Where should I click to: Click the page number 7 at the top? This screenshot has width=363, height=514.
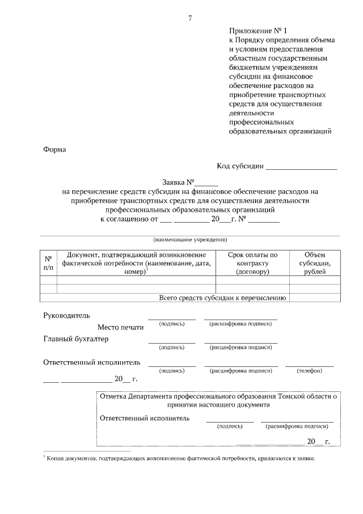[x=190, y=18]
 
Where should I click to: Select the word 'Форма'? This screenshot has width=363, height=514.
[x=54, y=150]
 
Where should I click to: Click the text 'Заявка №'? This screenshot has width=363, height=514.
[x=178, y=183]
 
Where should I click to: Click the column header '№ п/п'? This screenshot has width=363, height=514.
[x=49, y=262]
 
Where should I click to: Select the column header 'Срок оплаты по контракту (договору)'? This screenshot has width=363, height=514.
[x=252, y=264]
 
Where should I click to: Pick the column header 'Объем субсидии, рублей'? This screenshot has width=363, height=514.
[x=314, y=264]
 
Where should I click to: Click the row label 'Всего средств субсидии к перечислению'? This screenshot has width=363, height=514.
[x=222, y=298]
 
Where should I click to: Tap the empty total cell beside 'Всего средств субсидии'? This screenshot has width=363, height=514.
[x=314, y=298]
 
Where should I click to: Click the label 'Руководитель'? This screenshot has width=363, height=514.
[x=66, y=315]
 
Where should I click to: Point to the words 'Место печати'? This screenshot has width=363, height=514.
[x=120, y=327]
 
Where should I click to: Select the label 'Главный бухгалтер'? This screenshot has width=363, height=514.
[x=76, y=339]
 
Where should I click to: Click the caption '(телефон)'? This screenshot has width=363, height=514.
[x=309, y=370]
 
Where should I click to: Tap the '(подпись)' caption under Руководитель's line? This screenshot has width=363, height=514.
[x=172, y=323]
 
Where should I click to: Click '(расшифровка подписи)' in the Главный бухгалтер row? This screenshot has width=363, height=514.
[x=240, y=346]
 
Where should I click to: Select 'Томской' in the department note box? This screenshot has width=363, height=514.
[x=291, y=396]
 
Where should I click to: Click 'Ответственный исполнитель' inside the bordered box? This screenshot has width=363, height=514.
[x=145, y=418]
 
